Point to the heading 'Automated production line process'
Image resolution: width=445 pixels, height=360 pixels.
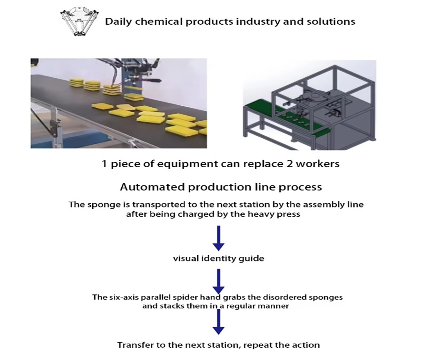[x=221, y=187]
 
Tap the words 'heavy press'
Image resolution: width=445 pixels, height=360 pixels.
[x=274, y=214]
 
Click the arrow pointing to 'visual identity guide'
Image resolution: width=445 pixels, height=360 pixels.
[x=219, y=238]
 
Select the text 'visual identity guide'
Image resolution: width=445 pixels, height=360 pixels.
[x=219, y=259]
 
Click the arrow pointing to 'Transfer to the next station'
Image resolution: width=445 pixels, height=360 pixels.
[x=219, y=322]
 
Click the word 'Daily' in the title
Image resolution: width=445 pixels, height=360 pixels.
[x=119, y=22]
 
